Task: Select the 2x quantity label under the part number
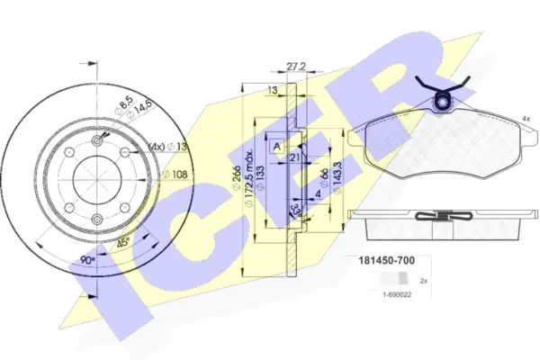pos(424,281)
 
